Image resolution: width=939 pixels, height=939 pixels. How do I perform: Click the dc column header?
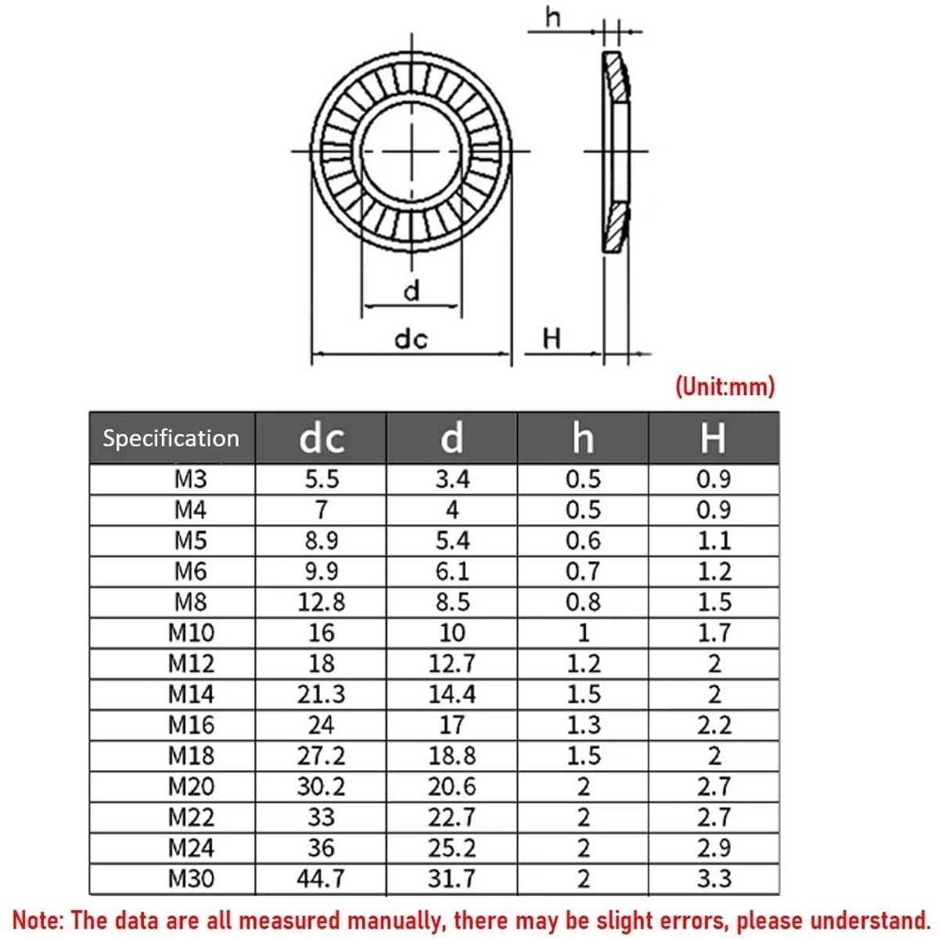pyautogui.click(x=321, y=438)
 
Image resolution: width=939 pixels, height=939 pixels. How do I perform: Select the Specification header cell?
pyautogui.click(x=171, y=438)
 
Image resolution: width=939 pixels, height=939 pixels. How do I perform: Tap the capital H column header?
pyautogui.click(x=713, y=438)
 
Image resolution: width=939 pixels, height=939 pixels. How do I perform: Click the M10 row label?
pyautogui.click(x=190, y=633)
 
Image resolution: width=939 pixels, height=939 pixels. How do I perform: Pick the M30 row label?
pyautogui.click(x=190, y=879)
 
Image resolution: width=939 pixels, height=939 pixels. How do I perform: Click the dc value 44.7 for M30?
pyautogui.click(x=321, y=879)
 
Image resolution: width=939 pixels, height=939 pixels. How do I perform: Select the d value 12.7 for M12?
pyautogui.click(x=452, y=664)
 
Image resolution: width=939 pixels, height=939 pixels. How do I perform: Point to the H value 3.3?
pyautogui.click(x=714, y=879)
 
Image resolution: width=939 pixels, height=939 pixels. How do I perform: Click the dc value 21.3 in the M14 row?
pyautogui.click(x=321, y=694)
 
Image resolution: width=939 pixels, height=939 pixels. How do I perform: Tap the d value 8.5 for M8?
pyautogui.click(x=452, y=603)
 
